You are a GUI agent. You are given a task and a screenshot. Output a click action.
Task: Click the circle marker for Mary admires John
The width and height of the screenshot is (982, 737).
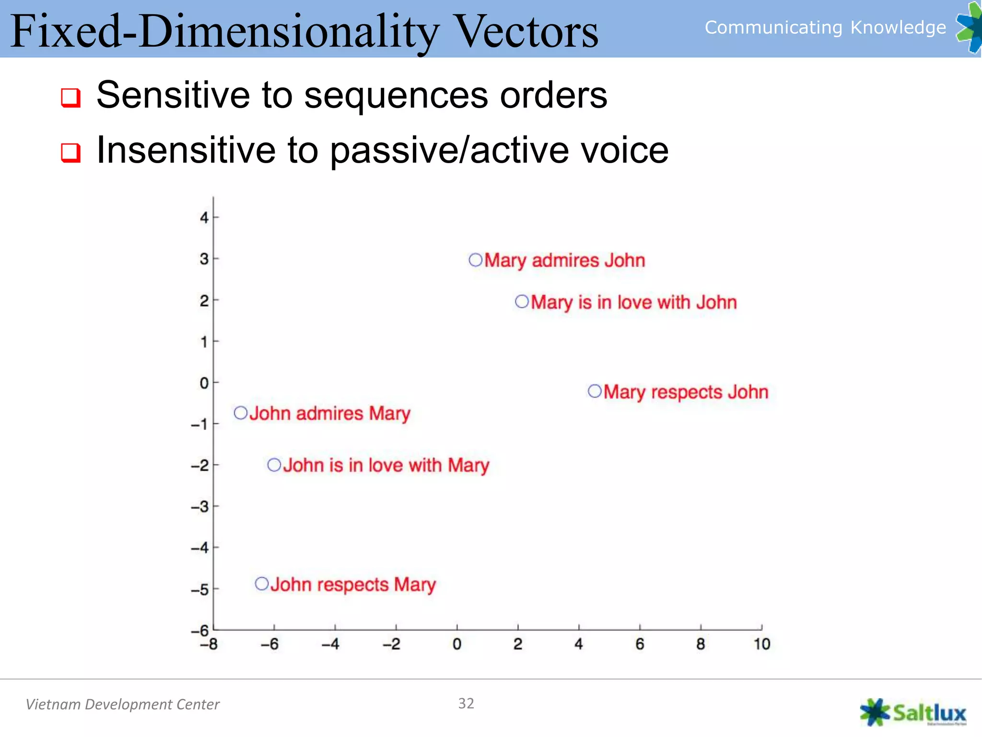click(475, 260)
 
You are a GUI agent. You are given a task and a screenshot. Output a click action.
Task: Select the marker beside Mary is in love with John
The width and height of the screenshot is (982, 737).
click(522, 302)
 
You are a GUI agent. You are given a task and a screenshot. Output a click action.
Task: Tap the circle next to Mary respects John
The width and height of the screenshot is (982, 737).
click(595, 392)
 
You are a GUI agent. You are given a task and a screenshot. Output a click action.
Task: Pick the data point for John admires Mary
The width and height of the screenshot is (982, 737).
click(240, 413)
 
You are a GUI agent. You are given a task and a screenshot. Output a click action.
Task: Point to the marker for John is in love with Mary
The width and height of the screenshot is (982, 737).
click(274, 465)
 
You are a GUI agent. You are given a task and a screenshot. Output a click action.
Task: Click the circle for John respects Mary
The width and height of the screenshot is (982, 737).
click(262, 584)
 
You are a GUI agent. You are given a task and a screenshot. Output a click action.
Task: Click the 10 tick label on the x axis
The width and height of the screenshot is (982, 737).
click(761, 644)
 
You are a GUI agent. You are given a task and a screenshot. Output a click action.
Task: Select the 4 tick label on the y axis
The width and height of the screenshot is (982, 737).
click(204, 218)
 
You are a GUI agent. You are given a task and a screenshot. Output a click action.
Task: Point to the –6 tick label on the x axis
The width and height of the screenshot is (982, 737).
click(269, 644)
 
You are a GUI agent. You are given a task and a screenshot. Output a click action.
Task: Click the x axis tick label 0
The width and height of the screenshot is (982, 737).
click(457, 644)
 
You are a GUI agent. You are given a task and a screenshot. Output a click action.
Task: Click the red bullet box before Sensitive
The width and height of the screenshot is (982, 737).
click(70, 98)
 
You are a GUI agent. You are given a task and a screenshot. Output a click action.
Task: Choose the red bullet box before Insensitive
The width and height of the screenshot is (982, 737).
click(70, 153)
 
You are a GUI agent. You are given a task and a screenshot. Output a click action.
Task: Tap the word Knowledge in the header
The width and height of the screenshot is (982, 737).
click(898, 28)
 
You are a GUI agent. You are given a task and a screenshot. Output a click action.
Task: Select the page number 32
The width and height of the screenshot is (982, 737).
click(466, 703)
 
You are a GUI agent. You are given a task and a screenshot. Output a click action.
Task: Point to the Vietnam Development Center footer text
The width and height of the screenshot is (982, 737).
click(122, 704)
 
